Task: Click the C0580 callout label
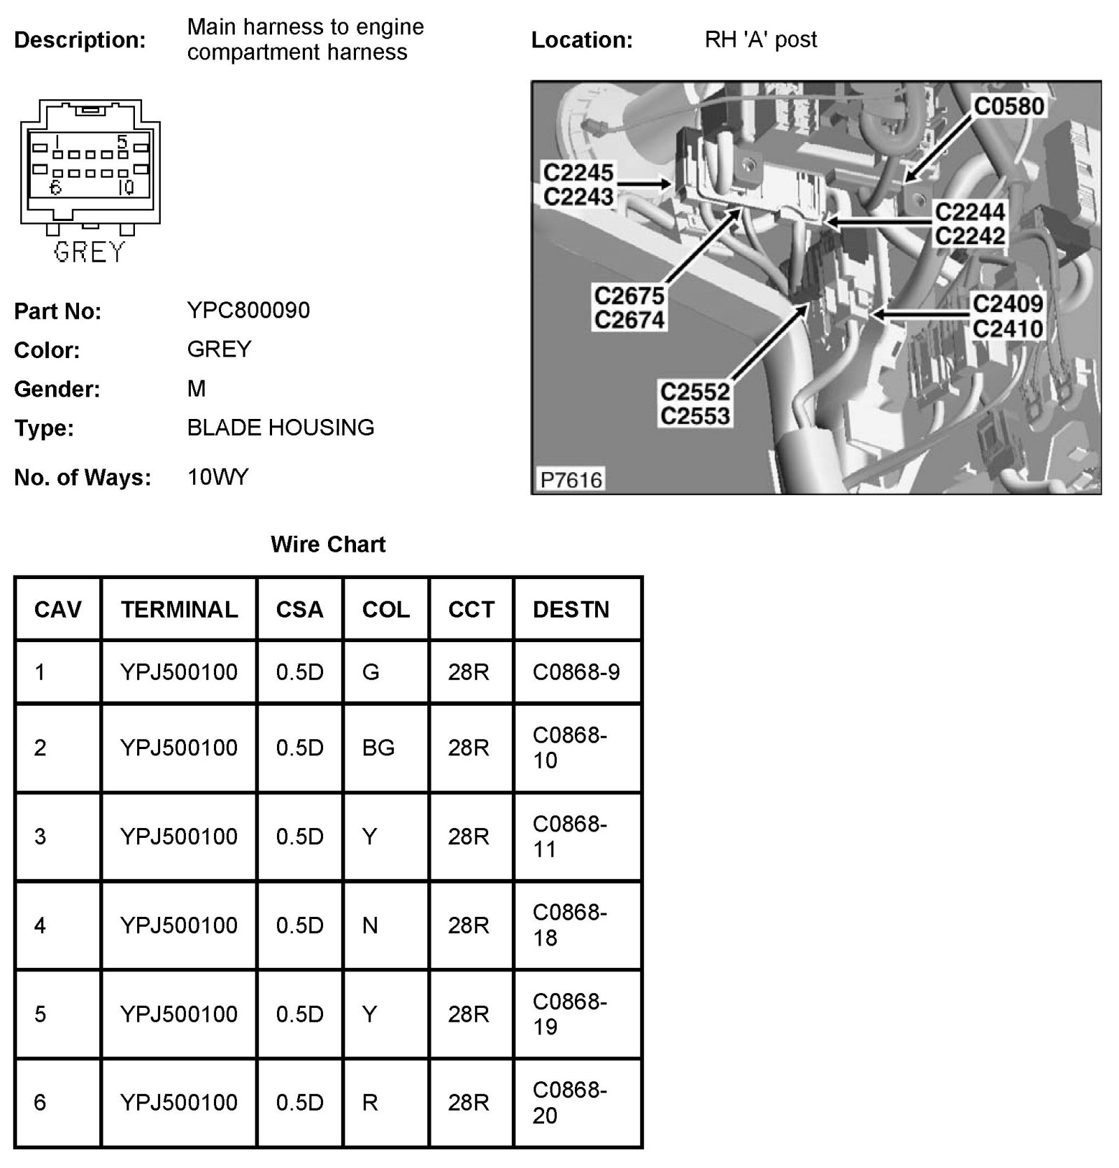pos(1008,106)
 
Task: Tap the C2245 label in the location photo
pos(578,172)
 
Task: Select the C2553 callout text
pos(694,415)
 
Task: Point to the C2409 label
pos(1007,304)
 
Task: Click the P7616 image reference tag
pos(571,480)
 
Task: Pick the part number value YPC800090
pos(248,310)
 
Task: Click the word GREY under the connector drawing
pos(89,252)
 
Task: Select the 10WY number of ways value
pos(218,477)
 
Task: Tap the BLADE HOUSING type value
pos(280,427)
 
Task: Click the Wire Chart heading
pos(328,544)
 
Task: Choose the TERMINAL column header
pos(179,609)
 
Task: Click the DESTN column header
pos(571,609)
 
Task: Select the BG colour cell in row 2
pos(378,748)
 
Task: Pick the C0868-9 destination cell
pos(576,672)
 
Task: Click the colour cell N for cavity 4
pos(370,925)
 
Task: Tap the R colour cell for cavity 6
pos(370,1102)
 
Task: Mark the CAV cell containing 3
pos(40,836)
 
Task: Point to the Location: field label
pos(582,40)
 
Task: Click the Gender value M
pos(197,388)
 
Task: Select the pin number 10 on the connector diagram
pos(126,187)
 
